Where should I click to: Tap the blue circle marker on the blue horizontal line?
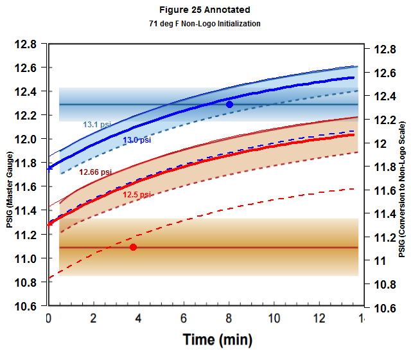click(229, 104)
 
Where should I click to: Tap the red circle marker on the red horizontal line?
click(133, 248)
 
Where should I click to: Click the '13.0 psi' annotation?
click(137, 139)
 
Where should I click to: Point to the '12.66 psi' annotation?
click(95, 172)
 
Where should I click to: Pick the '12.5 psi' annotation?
click(137, 194)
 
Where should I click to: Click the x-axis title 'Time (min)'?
click(217, 339)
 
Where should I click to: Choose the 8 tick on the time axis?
click(229, 318)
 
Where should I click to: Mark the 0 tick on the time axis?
click(49, 318)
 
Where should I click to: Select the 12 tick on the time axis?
click(319, 318)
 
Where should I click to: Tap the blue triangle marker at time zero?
click(49, 168)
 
